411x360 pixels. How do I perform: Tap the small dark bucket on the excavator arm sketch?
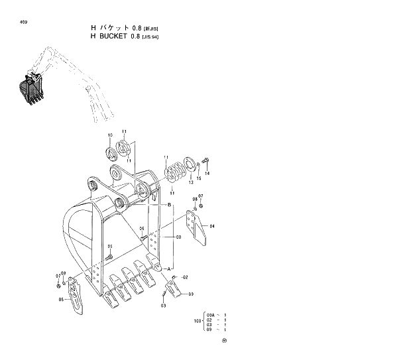(30, 89)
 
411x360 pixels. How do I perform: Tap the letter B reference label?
(169, 205)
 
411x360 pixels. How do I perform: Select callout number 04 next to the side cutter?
(212, 226)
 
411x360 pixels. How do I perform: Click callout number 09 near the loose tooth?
(191, 294)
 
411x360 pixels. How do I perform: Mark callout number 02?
(185, 276)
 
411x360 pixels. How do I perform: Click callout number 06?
(141, 229)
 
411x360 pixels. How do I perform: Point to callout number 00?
(178, 237)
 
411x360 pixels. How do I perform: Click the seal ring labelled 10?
(111, 155)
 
